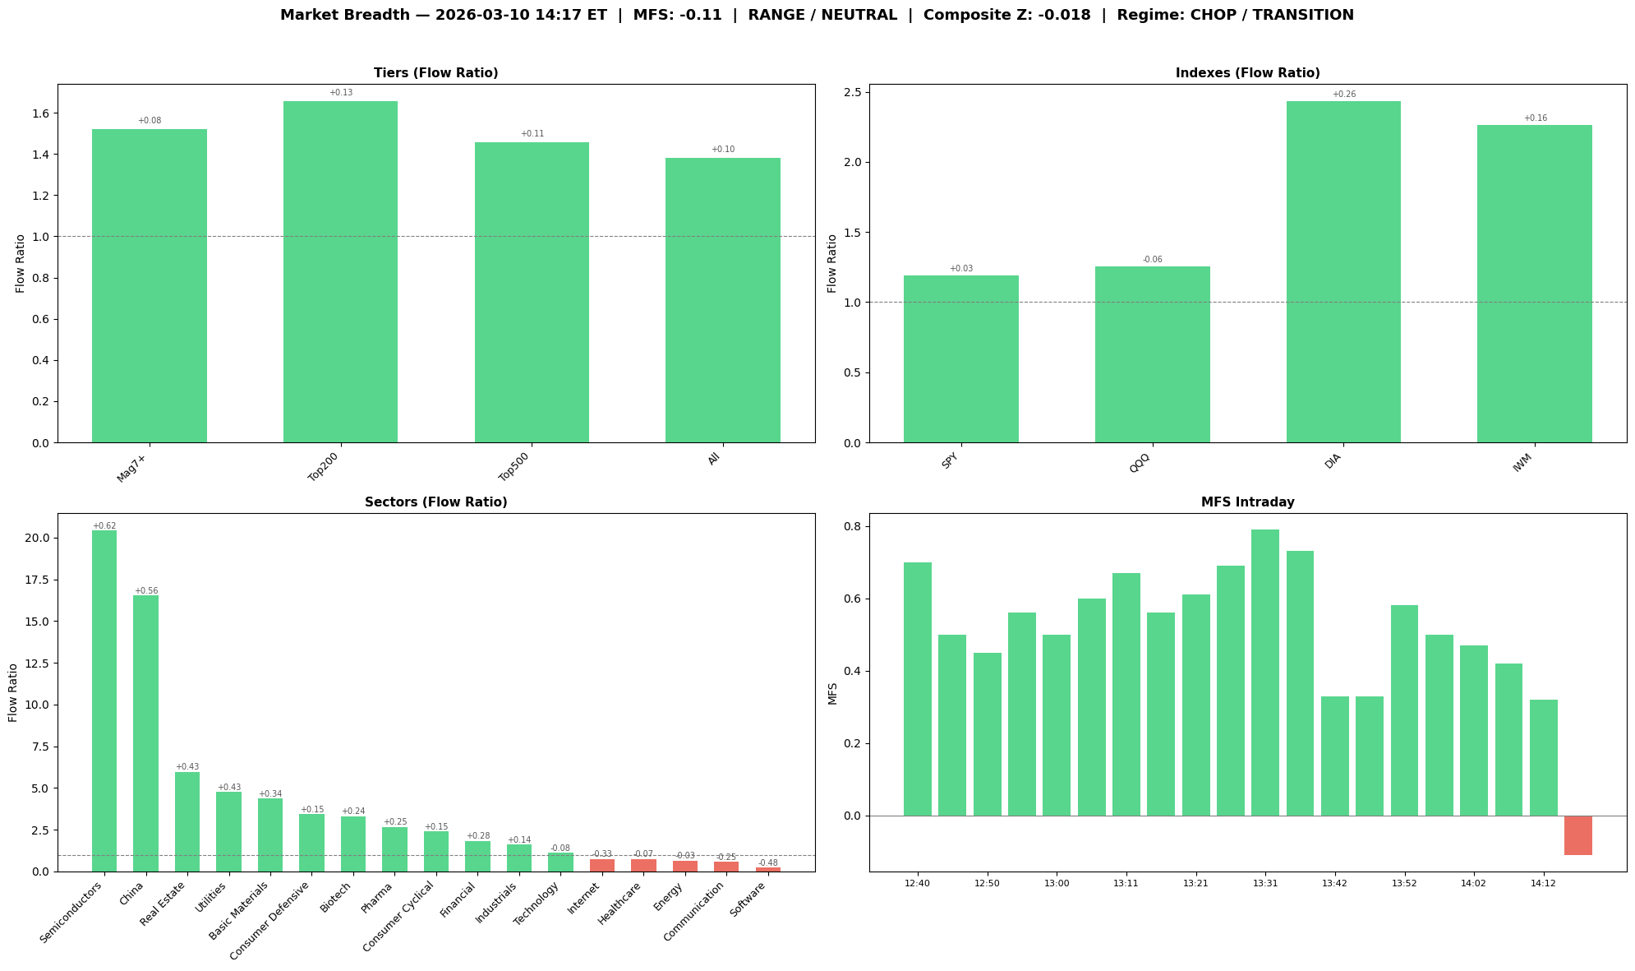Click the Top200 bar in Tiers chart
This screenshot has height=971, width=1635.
(x=340, y=271)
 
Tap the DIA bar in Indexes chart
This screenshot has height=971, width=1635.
(x=1343, y=271)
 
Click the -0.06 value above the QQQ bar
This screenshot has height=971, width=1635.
(x=1152, y=260)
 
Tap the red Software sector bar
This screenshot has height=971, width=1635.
(x=768, y=869)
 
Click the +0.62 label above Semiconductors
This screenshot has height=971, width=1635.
(x=104, y=525)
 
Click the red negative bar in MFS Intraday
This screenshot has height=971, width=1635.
(x=1577, y=835)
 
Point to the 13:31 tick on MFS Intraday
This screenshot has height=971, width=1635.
(x=1265, y=883)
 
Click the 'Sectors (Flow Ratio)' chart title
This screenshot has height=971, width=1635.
(x=436, y=502)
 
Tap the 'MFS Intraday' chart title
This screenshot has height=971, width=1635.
(x=1247, y=502)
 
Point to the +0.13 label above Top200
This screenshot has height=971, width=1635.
(x=340, y=93)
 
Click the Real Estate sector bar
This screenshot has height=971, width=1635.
(x=187, y=821)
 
